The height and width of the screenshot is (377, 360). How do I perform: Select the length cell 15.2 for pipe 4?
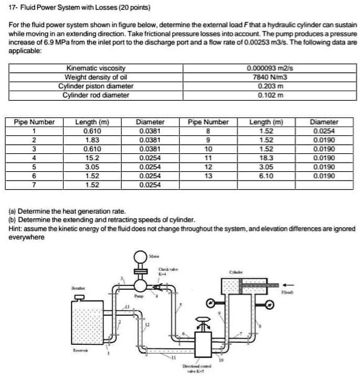click(91, 158)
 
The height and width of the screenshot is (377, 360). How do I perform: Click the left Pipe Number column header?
click(35, 122)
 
